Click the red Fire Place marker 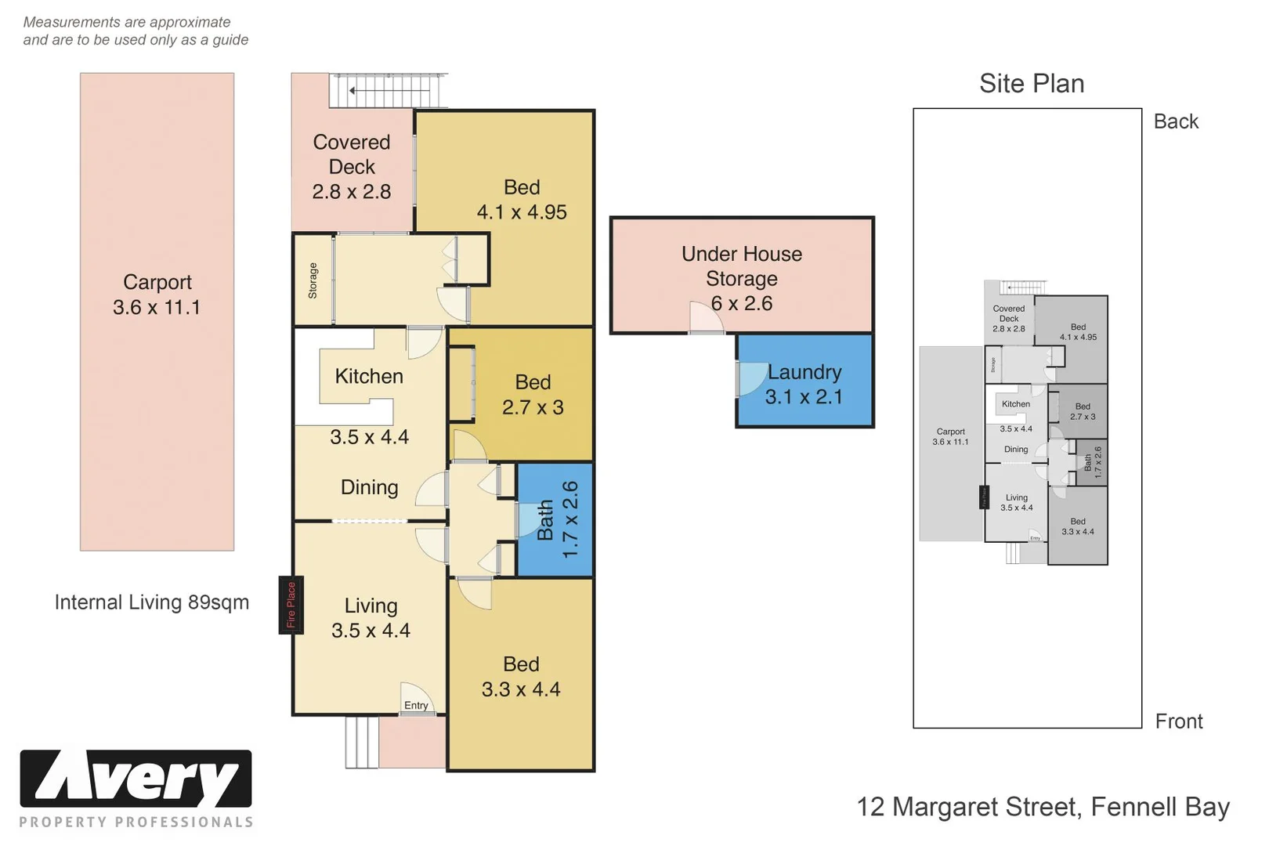(x=291, y=606)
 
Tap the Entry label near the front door (x=416, y=705)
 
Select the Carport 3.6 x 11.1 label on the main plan (x=157, y=295)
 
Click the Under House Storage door (x=706, y=317)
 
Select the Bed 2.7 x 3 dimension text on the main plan (x=533, y=407)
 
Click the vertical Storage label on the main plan (x=313, y=280)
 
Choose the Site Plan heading (x=1032, y=84)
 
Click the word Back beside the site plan (x=1176, y=121)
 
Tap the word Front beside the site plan (x=1179, y=721)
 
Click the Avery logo (x=136, y=779)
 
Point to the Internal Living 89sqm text (x=152, y=602)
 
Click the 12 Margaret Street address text (x=1043, y=807)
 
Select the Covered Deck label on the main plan (x=352, y=166)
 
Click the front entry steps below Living (x=361, y=742)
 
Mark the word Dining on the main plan (x=369, y=487)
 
